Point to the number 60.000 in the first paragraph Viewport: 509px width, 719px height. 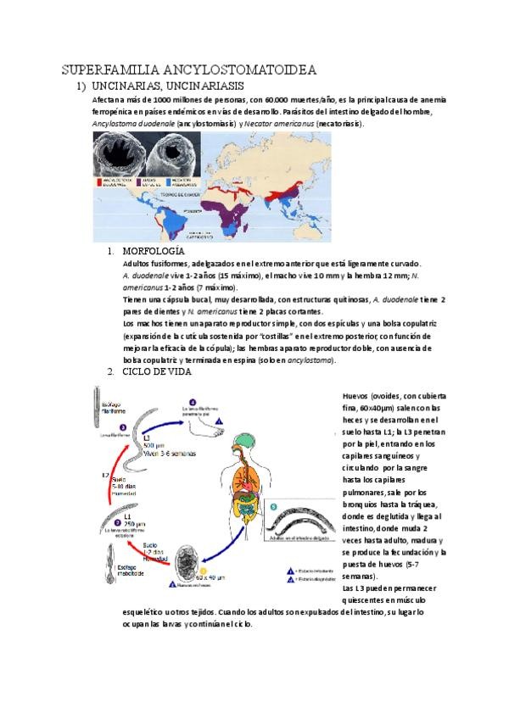[284, 100]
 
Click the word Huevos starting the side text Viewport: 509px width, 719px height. [357, 396]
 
